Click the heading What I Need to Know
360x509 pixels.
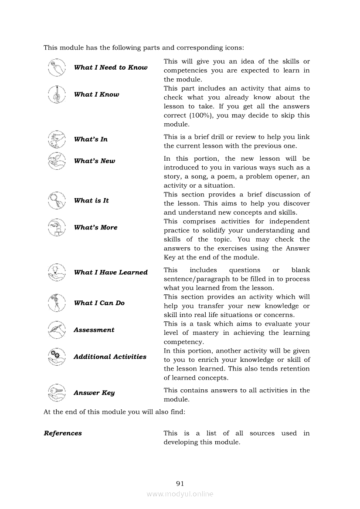111,67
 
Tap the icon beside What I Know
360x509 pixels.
56,94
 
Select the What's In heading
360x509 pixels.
91,139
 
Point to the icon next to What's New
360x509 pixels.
56,161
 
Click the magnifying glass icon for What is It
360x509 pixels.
56,201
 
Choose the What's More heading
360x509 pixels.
95,227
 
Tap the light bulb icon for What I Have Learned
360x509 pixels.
56,272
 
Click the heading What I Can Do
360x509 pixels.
99,303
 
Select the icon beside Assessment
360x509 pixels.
56,330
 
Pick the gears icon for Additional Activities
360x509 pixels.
56,357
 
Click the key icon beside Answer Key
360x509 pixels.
56,392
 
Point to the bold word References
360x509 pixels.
63,433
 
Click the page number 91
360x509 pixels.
180,483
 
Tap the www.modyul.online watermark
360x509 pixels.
180,494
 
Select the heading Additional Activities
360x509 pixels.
110,357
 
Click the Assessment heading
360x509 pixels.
94,330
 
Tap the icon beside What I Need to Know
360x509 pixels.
56,67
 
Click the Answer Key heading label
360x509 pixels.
94,393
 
